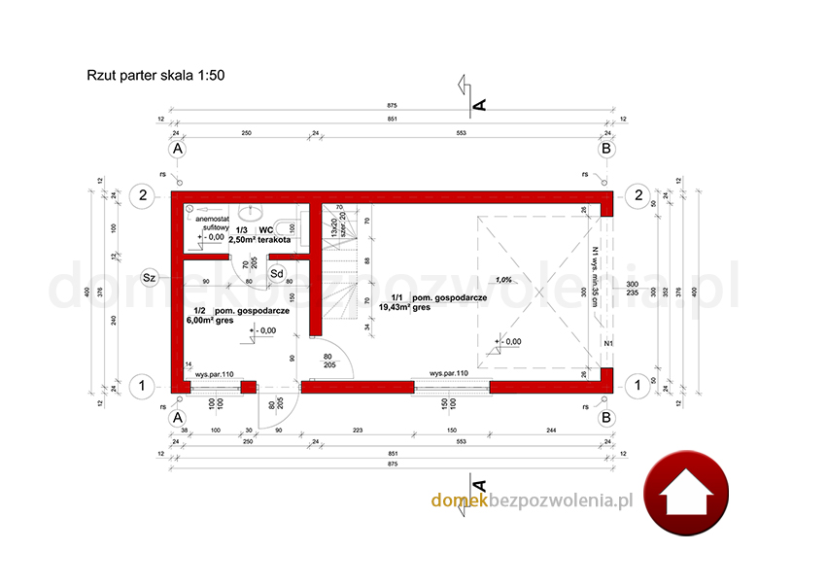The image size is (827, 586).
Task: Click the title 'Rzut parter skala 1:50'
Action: (x=155, y=74)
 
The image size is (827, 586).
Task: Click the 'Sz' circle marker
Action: (x=149, y=277)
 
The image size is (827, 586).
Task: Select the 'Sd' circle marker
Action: (x=276, y=274)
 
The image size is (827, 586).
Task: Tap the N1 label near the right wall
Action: (x=608, y=343)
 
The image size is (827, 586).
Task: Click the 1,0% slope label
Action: (x=503, y=280)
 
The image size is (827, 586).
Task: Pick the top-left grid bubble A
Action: (x=177, y=150)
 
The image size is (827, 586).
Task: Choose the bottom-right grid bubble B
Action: (x=606, y=417)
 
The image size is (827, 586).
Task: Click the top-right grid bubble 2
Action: (x=637, y=194)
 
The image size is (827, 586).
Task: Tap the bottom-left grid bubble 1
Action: (x=143, y=385)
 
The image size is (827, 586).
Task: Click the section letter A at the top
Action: (x=478, y=101)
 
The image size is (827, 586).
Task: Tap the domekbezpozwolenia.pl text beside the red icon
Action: (x=532, y=500)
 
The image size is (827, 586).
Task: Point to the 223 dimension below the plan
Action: (x=358, y=430)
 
